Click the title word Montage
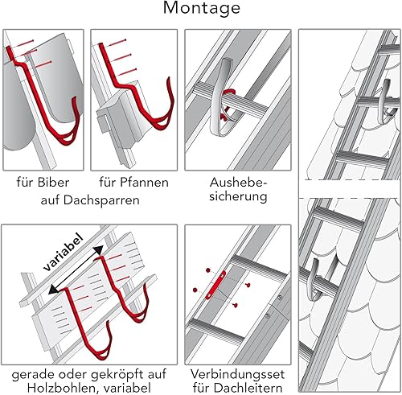202,8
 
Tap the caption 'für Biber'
43,183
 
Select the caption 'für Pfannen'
133,183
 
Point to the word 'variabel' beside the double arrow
64,252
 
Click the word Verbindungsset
237,374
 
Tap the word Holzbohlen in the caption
63,388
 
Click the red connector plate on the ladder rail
215,285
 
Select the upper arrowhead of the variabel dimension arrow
99,250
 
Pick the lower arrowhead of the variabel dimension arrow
53,290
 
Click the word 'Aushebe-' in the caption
239,183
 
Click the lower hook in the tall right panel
316,280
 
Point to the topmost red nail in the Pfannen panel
115,43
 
